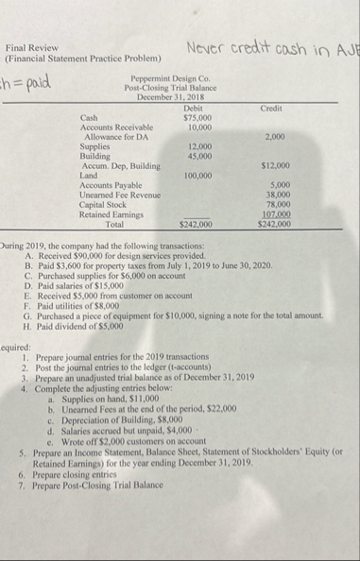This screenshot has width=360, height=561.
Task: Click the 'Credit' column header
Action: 272,109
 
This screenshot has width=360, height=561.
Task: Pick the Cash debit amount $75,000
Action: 196,118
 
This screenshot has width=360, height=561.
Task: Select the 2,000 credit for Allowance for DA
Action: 276,137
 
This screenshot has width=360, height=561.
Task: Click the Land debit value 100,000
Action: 197,176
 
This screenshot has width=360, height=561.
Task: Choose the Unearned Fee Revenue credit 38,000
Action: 275,195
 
